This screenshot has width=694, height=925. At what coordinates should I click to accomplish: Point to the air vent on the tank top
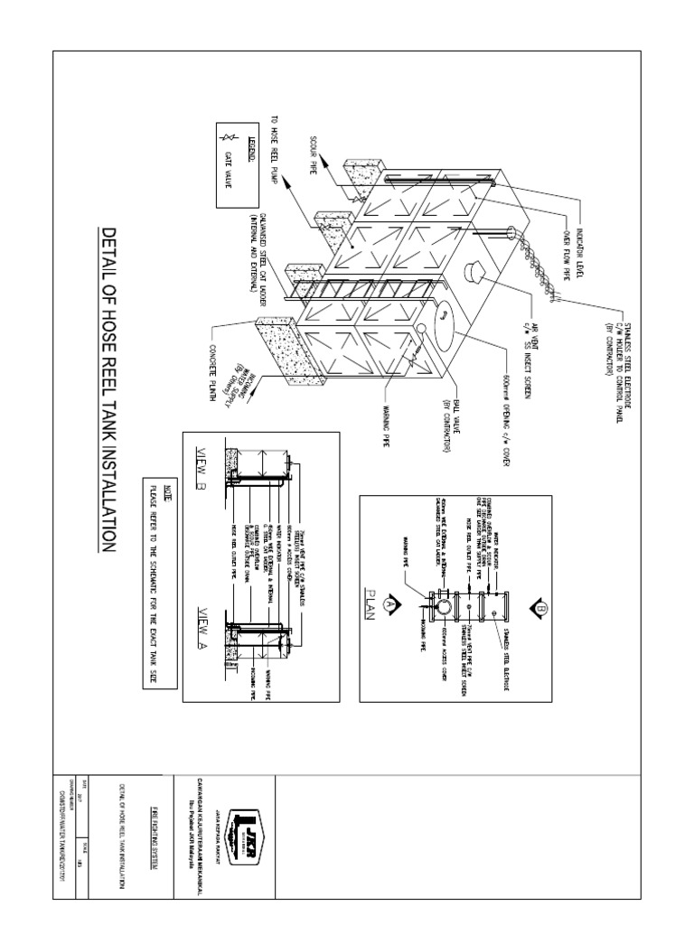[x=470, y=272]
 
